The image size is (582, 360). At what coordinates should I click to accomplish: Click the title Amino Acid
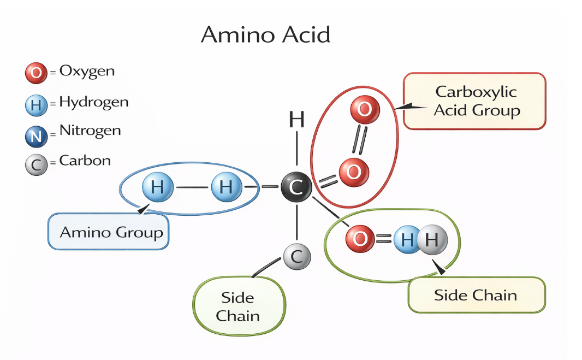(x=265, y=35)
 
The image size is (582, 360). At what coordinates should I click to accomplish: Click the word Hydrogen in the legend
(x=93, y=102)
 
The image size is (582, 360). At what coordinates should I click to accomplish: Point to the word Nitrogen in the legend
(x=90, y=131)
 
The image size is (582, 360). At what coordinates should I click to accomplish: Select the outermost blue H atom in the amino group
(x=157, y=188)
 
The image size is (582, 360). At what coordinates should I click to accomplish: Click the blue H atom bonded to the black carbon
(x=226, y=188)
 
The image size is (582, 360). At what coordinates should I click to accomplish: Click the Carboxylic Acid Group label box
(x=475, y=101)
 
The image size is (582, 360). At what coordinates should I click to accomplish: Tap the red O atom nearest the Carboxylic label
(x=364, y=110)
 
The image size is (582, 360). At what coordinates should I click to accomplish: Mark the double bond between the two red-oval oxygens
(x=359, y=141)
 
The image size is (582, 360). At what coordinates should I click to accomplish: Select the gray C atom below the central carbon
(x=296, y=256)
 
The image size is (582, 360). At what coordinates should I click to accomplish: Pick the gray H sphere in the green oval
(x=432, y=239)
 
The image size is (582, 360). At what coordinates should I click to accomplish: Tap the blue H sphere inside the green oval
(x=406, y=239)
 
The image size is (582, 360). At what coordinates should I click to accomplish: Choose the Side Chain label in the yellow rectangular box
(x=476, y=296)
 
